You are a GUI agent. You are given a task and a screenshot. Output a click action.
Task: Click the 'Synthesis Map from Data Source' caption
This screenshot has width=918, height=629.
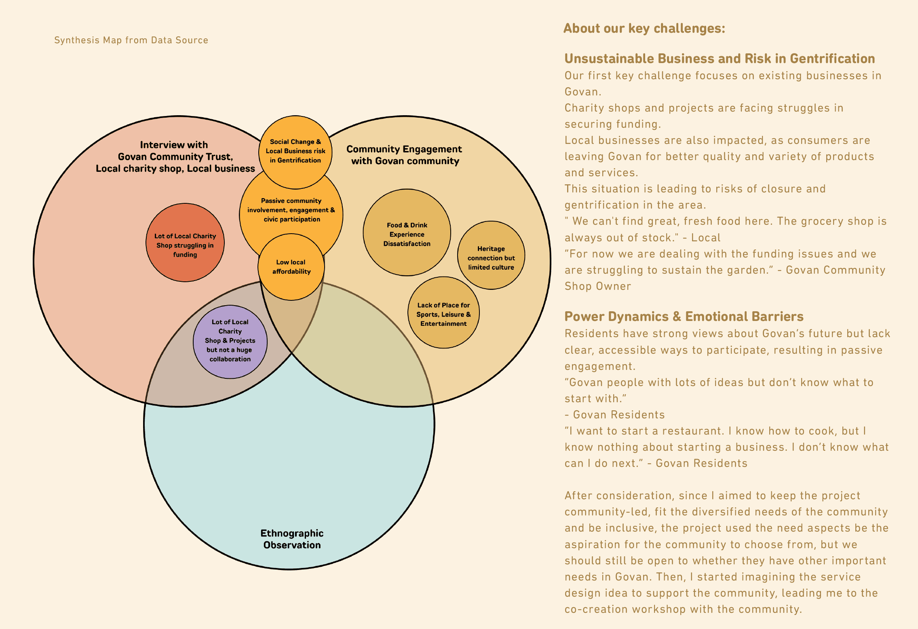[x=131, y=40]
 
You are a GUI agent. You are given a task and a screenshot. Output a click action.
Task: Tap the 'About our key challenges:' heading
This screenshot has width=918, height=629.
[x=644, y=28]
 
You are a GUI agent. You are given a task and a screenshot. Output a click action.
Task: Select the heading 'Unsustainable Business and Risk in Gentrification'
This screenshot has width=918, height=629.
[x=719, y=59]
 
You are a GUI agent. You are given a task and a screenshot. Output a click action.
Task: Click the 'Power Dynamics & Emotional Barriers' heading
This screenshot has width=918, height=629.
[x=684, y=316]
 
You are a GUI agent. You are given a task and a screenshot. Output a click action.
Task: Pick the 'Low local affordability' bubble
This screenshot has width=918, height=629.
[x=291, y=267]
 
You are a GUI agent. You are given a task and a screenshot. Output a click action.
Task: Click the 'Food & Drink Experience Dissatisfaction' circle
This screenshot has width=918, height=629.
[x=407, y=234]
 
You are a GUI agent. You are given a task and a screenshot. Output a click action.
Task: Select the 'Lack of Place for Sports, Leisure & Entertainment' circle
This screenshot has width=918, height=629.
[x=443, y=314]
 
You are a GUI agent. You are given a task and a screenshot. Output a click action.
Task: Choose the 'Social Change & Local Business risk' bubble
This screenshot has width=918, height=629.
[x=295, y=151]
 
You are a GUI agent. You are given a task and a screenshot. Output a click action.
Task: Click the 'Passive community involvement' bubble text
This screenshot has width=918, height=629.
[x=291, y=210]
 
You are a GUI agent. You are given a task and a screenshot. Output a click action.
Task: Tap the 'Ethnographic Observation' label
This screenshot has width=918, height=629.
[x=292, y=539]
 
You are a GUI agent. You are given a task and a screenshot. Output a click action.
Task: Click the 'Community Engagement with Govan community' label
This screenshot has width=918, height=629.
[x=404, y=155]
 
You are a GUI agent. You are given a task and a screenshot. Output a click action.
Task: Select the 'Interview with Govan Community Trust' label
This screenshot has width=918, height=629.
[x=175, y=156]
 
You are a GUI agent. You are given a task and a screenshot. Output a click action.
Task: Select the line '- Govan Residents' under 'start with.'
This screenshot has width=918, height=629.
[x=614, y=415]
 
